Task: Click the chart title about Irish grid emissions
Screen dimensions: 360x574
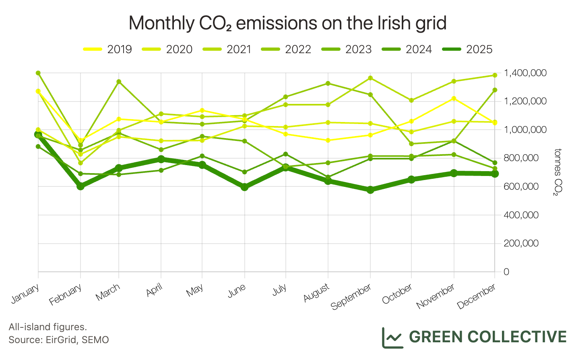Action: click(287, 23)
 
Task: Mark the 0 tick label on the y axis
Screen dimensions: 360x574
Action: click(506, 272)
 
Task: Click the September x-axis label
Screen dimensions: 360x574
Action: click(351, 296)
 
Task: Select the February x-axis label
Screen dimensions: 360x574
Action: click(66, 294)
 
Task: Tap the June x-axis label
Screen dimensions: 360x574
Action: click(237, 291)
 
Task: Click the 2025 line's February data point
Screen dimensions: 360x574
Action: click(81, 186)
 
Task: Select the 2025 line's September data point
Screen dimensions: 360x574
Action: click(370, 190)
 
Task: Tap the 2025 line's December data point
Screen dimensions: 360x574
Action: click(495, 174)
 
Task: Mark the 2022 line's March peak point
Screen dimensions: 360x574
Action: click(119, 82)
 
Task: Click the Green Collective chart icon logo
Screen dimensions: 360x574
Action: click(392, 337)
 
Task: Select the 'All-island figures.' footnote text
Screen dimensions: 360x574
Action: click(47, 327)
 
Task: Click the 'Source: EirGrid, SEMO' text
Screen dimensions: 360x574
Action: click(58, 339)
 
